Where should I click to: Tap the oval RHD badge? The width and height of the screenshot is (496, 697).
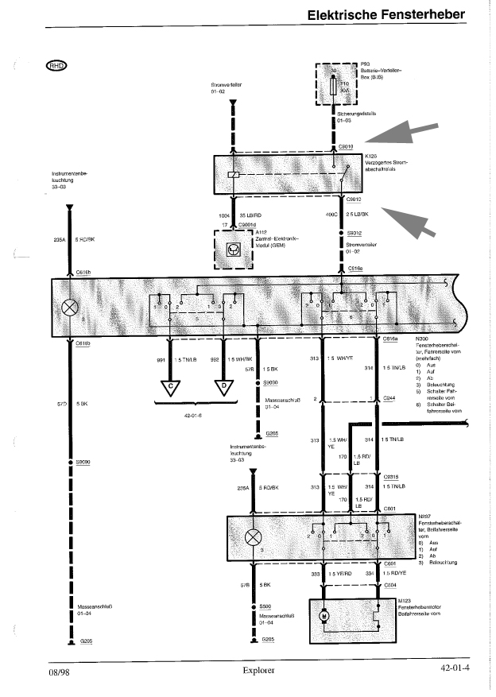pyautogui.click(x=58, y=65)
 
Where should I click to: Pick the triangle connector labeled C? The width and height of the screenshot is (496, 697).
pyautogui.click(x=170, y=389)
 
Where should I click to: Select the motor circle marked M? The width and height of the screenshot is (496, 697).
pyautogui.click(x=324, y=617)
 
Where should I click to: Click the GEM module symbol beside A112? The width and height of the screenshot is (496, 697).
pyautogui.click(x=234, y=249)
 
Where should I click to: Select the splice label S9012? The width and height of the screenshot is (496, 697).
pyautogui.click(x=355, y=234)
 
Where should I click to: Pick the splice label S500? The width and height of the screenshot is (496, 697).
pyautogui.click(x=265, y=606)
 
